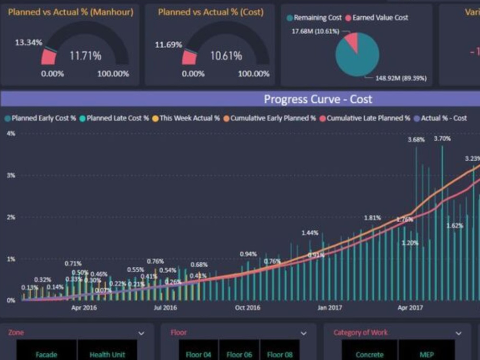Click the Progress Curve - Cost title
(x=318, y=99)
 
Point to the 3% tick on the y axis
(x=11, y=175)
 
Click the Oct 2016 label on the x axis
(x=247, y=308)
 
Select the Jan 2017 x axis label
(x=329, y=308)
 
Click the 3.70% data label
(x=442, y=139)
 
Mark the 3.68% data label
(x=416, y=140)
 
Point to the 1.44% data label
(x=310, y=233)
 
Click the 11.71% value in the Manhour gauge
(x=85, y=56)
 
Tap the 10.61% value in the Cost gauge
(x=226, y=56)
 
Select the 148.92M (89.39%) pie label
(x=396, y=78)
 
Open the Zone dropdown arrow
(x=141, y=333)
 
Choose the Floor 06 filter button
(x=239, y=355)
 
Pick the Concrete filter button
(x=370, y=355)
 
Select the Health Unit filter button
(x=107, y=355)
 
